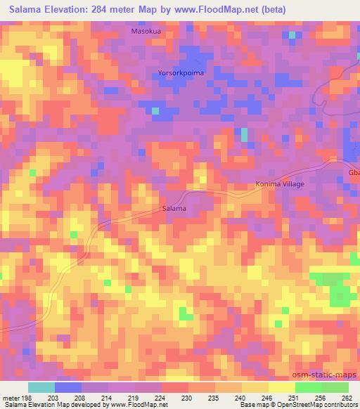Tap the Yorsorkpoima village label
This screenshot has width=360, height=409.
pos(181,72)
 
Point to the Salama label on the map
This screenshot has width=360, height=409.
pos(174,209)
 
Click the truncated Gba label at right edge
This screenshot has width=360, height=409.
pos(353,172)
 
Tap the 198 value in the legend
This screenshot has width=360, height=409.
pos(27,398)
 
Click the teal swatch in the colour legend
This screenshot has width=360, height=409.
pos(41,387)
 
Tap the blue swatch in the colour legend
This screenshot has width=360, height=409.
pos(68,387)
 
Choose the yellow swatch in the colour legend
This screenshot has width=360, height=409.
pos(255,387)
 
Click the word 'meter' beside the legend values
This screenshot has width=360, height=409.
pos(10,398)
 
